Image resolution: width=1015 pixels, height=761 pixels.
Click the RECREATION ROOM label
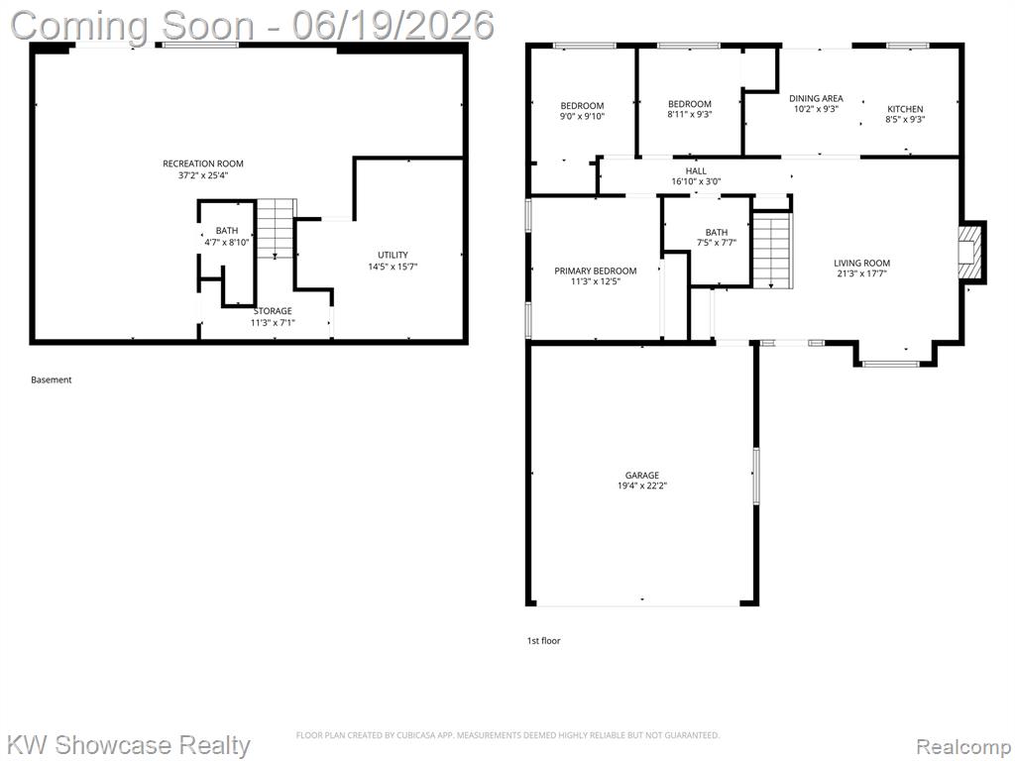203,163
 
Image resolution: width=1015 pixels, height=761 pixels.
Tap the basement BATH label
227,230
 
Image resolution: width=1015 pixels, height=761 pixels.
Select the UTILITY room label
393,255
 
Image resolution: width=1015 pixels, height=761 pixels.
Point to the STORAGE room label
273,311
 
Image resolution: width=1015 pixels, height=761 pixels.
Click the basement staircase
277,229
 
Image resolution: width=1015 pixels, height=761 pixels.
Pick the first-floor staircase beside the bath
772,251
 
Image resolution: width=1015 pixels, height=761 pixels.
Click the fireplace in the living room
971,253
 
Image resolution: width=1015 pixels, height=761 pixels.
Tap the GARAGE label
642,475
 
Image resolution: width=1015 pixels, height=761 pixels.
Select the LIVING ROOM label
861,263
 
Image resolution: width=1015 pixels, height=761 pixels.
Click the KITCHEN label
905,109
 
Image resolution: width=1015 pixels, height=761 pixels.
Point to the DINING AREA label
816,98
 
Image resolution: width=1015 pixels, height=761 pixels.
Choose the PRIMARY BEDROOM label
596,271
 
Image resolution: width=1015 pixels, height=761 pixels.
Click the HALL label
696,170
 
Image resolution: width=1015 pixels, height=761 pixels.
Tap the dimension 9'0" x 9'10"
582,117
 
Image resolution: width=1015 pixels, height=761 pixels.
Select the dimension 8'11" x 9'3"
690,115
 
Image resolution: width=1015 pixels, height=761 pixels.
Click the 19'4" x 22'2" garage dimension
642,486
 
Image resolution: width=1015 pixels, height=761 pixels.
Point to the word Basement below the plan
52,380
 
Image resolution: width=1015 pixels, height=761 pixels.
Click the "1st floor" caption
544,641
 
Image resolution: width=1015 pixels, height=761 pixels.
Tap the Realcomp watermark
961,746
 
